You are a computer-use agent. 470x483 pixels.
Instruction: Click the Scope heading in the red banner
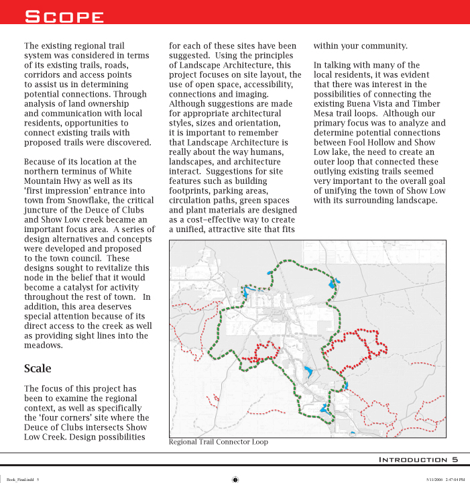coord(64,16)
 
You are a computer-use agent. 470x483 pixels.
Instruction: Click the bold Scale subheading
coord(38,368)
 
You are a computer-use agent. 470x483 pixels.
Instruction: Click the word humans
coord(272,152)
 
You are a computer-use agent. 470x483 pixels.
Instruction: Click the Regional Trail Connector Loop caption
coord(218,442)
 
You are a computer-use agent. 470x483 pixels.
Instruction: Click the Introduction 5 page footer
coord(418,460)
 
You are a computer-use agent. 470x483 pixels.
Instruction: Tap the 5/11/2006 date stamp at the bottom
coord(434,479)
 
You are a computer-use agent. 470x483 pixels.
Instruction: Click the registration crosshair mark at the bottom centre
coord(235,479)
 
